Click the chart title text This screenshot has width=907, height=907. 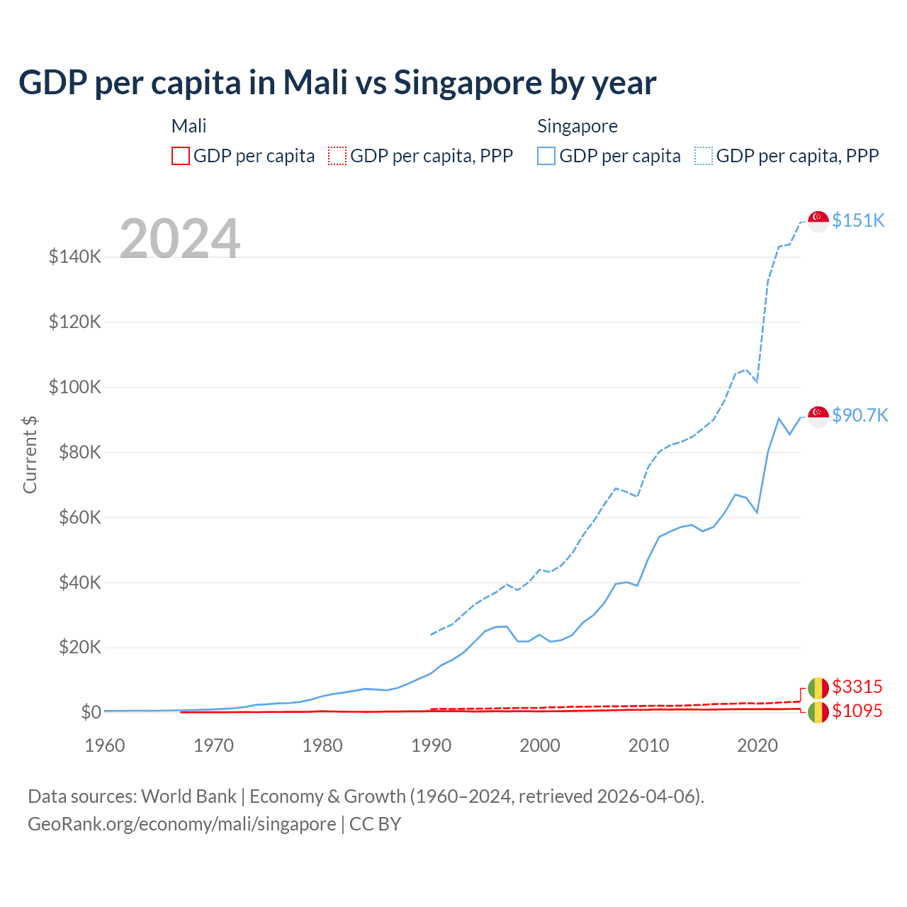(x=337, y=83)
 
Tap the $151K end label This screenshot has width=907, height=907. (x=858, y=220)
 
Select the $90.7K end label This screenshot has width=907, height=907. (x=860, y=415)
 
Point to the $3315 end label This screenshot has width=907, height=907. (x=857, y=687)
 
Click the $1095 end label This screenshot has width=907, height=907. (x=857, y=711)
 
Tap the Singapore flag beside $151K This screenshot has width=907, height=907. (x=818, y=221)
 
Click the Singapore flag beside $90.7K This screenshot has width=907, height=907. (x=818, y=417)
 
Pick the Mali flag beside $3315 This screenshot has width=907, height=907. (x=818, y=688)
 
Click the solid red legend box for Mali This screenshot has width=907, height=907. (x=181, y=156)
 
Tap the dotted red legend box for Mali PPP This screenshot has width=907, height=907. (x=337, y=156)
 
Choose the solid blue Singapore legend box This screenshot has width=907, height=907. (x=546, y=156)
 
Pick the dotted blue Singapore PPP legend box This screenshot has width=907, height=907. (x=704, y=156)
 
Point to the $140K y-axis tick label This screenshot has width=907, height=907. (x=75, y=257)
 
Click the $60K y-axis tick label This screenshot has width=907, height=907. (x=79, y=517)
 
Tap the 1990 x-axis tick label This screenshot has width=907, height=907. (x=431, y=745)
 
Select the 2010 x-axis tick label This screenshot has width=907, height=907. (x=648, y=745)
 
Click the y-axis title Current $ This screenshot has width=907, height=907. (x=30, y=454)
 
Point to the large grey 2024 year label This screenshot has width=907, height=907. (x=180, y=239)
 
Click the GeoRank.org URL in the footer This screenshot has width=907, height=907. (x=181, y=824)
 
